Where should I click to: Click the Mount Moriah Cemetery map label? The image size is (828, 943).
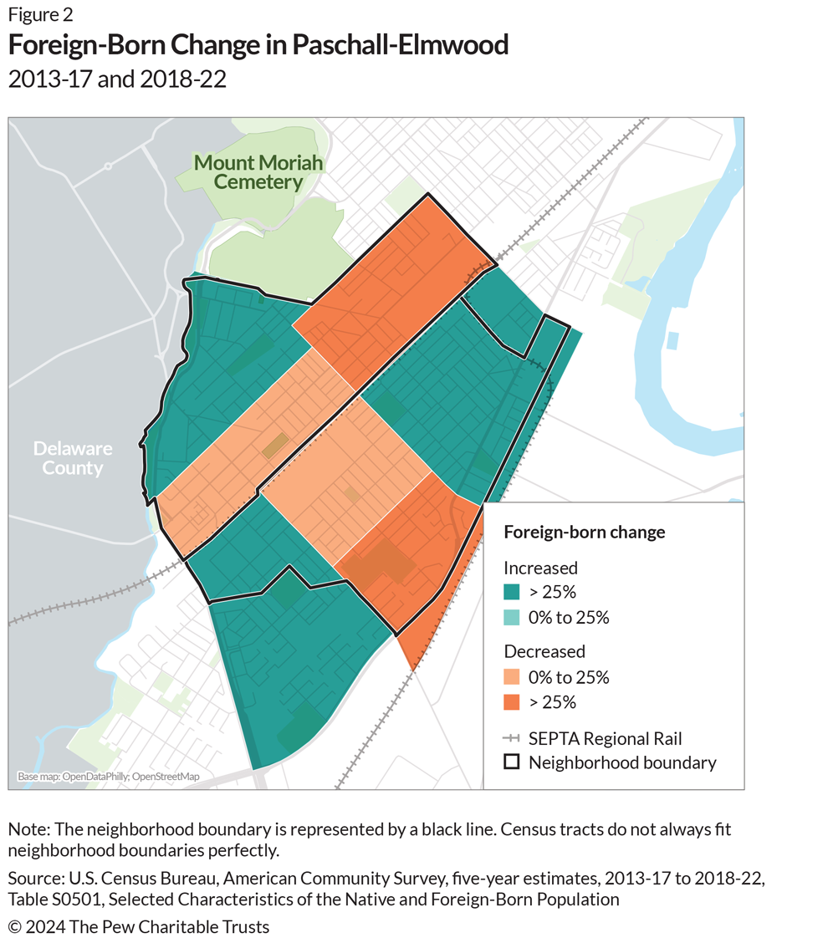(x=258, y=172)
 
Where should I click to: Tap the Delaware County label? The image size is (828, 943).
(x=73, y=458)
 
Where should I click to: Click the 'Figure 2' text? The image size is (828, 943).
(x=40, y=14)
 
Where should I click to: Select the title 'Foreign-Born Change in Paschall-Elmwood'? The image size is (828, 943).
(x=258, y=44)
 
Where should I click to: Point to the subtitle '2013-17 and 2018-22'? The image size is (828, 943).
(x=117, y=79)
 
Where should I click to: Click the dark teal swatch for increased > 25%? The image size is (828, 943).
(x=512, y=592)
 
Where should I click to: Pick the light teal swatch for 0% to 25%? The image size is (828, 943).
(x=512, y=617)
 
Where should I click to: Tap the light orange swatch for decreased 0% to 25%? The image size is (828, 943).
(x=512, y=676)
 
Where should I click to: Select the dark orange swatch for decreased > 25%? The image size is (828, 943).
(x=512, y=702)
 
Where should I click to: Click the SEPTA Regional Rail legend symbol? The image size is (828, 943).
(x=512, y=738)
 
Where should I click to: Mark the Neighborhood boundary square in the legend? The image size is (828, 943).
(x=512, y=762)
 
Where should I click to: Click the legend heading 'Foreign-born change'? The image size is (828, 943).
(x=585, y=533)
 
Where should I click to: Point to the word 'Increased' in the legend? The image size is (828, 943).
(x=540, y=568)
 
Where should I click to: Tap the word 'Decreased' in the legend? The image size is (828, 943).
(x=544, y=651)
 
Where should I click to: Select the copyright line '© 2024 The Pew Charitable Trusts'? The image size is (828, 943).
(x=139, y=927)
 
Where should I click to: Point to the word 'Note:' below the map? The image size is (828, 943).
(x=29, y=829)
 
